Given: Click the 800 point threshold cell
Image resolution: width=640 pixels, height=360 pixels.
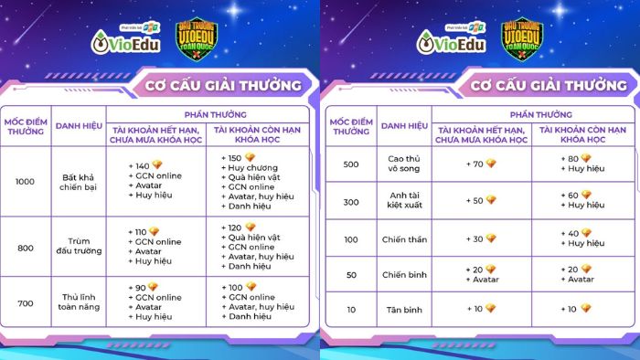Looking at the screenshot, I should coord(25,247).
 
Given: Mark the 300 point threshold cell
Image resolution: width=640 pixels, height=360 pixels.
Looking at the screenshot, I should coord(350,200).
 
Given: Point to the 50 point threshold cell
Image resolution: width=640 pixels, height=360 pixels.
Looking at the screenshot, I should coord(350,274).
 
